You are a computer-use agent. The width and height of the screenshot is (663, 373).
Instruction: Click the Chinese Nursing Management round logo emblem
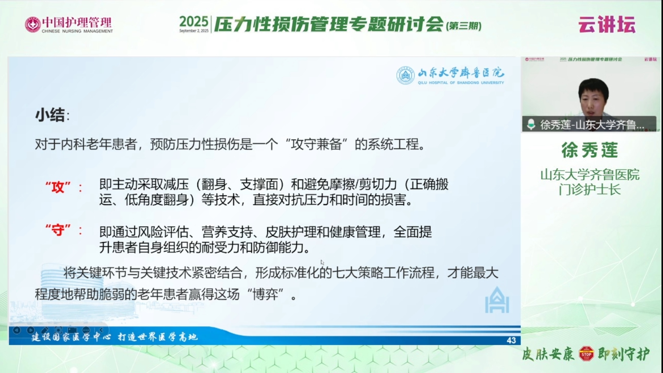(x=33, y=24)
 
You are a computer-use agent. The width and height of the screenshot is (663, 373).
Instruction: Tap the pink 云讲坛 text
(x=607, y=24)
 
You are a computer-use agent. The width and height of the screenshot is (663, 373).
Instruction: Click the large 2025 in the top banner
(x=194, y=22)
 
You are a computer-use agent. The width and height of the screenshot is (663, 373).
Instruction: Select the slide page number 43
(x=511, y=340)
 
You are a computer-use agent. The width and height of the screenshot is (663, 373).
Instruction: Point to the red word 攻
(x=58, y=187)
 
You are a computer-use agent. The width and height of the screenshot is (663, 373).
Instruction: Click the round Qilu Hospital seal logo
(x=405, y=75)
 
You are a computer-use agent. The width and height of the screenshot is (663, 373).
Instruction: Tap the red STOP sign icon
(x=586, y=354)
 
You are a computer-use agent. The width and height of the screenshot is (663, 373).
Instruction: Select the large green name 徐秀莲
(x=590, y=150)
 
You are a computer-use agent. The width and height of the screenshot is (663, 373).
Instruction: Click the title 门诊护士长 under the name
(x=590, y=190)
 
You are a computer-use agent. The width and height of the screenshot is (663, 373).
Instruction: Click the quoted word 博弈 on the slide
(x=265, y=294)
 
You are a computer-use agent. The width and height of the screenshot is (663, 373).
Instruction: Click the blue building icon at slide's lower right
(x=497, y=300)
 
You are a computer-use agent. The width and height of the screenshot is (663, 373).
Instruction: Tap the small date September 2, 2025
(x=194, y=31)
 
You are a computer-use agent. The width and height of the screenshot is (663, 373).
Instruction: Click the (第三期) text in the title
(x=464, y=26)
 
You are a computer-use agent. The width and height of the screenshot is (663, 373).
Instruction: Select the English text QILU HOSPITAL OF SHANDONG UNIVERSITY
(x=461, y=83)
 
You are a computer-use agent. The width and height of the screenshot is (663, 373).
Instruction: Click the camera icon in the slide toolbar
(x=72, y=330)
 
